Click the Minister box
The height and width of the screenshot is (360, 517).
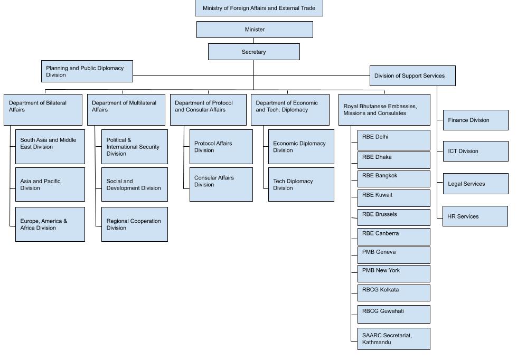click(255, 30)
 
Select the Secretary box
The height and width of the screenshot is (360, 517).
click(253, 52)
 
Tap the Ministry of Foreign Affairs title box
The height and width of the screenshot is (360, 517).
click(259, 8)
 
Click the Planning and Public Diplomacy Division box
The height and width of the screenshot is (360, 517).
click(87, 71)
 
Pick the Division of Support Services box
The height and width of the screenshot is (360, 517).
click(412, 75)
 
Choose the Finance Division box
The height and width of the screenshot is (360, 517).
click(475, 120)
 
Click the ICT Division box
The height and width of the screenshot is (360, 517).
click(475, 151)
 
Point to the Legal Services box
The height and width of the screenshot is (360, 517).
click(475, 184)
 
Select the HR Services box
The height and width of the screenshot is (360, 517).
click(475, 216)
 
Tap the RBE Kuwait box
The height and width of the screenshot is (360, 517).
click(393, 198)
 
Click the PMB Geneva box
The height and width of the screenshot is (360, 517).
click(393, 255)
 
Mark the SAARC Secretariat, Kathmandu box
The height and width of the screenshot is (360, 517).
click(393, 339)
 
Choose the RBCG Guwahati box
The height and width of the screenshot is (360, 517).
click(393, 314)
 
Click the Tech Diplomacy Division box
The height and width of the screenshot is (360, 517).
click(301, 184)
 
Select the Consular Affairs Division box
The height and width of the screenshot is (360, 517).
click(221, 184)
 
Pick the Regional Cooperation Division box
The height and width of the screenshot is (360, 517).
click(134, 224)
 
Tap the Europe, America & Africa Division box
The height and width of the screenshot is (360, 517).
click(50, 224)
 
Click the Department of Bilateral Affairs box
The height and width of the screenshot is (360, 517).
click(43, 109)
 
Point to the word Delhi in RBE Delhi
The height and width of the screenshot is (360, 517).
click(381, 137)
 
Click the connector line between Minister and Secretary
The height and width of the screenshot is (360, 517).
click(253, 41)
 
